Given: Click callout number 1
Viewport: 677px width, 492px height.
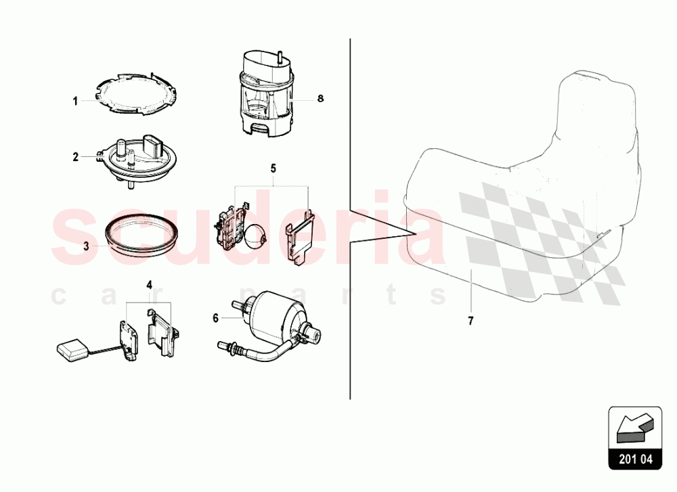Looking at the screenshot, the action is tap(75, 102).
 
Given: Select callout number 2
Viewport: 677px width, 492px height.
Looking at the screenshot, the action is tap(76, 157).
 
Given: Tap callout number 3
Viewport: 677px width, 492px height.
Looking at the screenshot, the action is tap(87, 246).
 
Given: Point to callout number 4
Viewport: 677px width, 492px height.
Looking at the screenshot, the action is tap(149, 285).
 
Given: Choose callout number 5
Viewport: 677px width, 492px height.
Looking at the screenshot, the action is tap(274, 169).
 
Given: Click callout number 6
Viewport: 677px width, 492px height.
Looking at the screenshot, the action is tap(216, 318).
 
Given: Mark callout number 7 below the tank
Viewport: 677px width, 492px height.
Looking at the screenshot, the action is tap(471, 321).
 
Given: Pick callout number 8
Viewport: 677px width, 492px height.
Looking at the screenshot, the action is tap(320, 98).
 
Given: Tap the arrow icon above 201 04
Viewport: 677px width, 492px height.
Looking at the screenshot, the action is tap(635, 428).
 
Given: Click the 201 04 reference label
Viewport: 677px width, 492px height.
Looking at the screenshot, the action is tap(636, 459).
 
